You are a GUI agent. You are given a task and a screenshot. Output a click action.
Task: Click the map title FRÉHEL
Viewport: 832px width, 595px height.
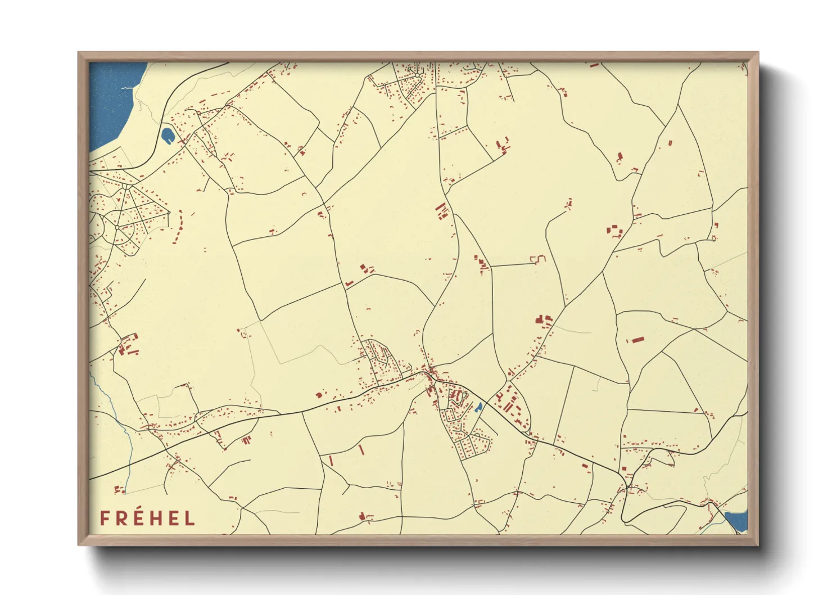[147, 519]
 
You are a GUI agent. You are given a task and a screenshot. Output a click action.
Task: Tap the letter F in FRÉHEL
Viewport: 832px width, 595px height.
[104, 519]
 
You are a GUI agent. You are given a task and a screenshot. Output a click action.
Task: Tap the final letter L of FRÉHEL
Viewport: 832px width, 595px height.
[191, 519]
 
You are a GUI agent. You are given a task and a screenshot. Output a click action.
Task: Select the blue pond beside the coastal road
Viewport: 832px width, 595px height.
[167, 135]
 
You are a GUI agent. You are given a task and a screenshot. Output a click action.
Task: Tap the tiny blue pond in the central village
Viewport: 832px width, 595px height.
[478, 407]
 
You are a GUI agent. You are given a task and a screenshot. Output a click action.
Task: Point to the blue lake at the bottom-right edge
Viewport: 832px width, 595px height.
[737, 521]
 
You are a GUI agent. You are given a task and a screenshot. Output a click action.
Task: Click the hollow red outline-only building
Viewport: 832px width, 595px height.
[539, 259]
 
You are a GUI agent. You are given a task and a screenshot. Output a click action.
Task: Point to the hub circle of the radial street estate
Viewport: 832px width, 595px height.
[117, 227]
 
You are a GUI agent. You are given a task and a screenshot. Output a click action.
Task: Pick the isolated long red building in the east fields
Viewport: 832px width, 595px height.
[636, 340]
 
